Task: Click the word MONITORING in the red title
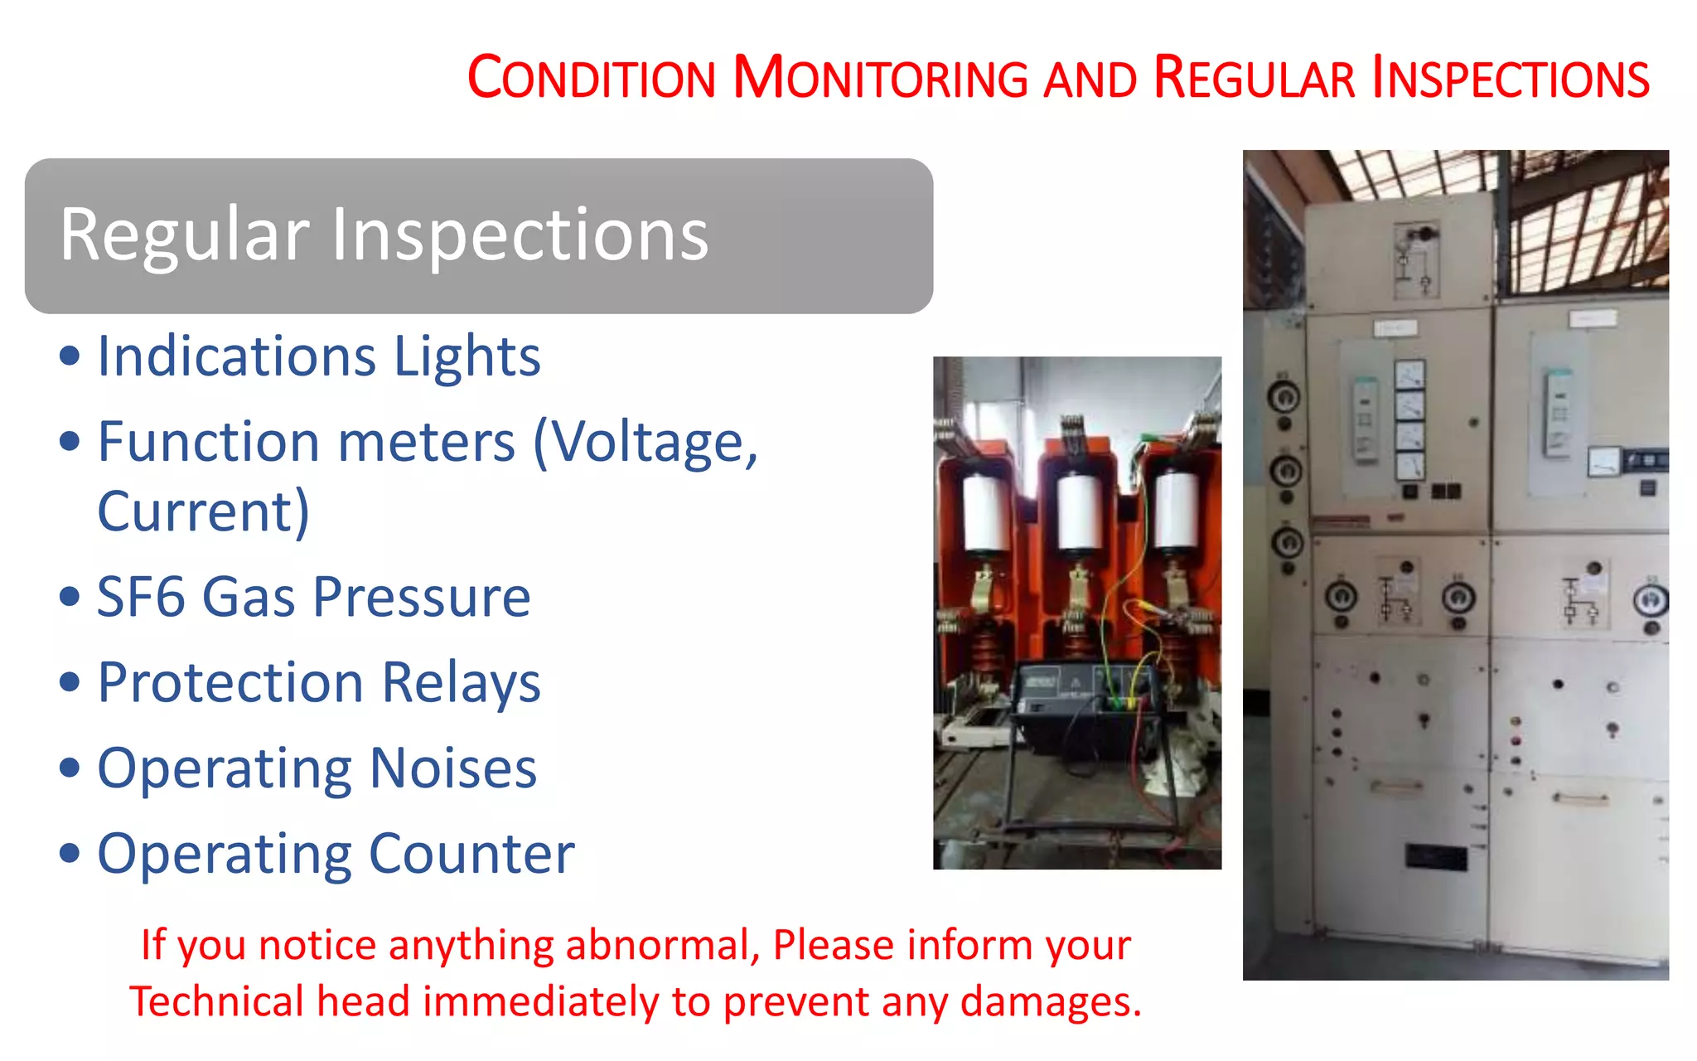(x=880, y=78)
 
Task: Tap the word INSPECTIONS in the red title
(x=1510, y=78)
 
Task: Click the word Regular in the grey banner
(x=184, y=235)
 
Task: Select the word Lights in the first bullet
(x=467, y=356)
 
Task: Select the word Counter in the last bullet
(x=471, y=854)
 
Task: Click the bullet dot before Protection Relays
(x=70, y=682)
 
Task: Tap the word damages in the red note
(x=1051, y=1001)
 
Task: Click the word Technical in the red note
(x=217, y=1001)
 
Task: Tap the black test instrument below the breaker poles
(x=1077, y=700)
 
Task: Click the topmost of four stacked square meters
(x=1410, y=374)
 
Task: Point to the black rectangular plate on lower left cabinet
(x=1436, y=856)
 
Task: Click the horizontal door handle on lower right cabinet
(x=1580, y=799)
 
